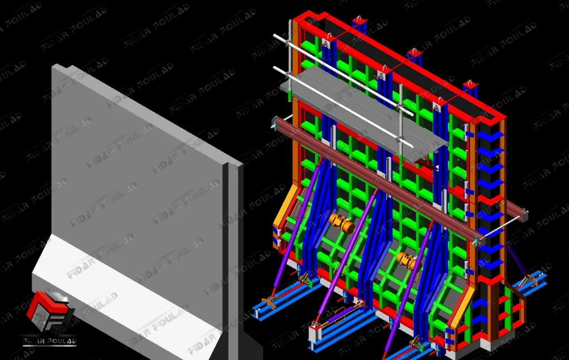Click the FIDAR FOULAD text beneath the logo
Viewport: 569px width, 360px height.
point(49,341)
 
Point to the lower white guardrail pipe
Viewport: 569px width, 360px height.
point(343,107)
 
